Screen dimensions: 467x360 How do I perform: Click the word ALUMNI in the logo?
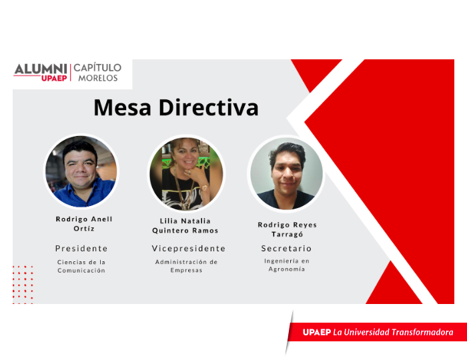coord(41,69)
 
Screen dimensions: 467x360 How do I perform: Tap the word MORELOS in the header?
coord(98,78)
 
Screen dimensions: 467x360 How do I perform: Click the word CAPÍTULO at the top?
coord(97,67)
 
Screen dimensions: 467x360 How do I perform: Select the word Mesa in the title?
coord(122,107)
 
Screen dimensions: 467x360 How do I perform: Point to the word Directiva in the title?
coord(208,107)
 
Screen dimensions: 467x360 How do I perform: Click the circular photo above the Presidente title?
coord(81,171)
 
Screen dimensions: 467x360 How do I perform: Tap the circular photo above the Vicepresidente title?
coord(186,173)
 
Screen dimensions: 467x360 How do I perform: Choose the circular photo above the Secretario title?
coord(286,173)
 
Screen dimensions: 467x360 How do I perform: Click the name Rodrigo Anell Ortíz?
coord(84,224)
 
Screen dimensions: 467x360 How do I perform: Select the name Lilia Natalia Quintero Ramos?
coord(185,225)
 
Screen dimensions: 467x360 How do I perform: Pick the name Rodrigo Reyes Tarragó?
coord(287,229)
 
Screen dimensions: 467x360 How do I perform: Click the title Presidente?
coord(81,249)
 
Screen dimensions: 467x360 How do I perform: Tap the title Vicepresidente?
coord(189,249)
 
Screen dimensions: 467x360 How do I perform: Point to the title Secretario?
coord(286,249)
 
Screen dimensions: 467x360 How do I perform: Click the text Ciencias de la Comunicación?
coord(81,266)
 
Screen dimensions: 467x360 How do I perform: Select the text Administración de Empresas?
coord(186,266)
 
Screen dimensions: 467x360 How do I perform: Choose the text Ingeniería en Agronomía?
coord(286,265)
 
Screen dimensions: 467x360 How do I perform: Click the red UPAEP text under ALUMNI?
coord(54,78)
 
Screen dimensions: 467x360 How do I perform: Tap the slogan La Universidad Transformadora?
coord(393,332)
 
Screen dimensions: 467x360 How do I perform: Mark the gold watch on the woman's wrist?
coord(205,188)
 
